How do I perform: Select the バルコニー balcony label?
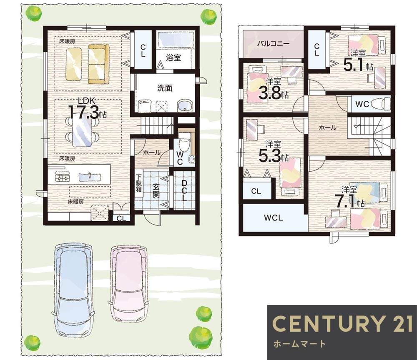273,44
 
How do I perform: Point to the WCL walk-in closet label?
274,218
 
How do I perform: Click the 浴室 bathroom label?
173,57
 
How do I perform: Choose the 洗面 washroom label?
165,88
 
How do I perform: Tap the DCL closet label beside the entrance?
184,190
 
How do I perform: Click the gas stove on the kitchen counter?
63,177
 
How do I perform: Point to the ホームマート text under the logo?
299,344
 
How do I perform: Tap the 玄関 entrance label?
156,190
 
